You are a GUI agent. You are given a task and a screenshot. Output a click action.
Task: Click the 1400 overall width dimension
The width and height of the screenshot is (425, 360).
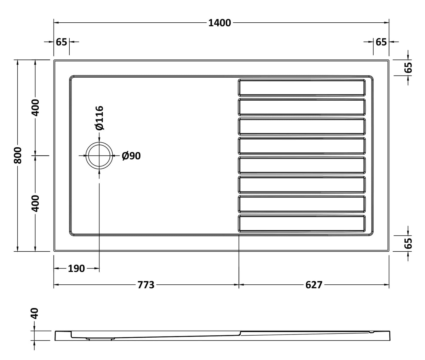click(219, 23)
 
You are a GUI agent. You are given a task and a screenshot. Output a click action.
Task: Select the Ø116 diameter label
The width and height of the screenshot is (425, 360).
click(99, 118)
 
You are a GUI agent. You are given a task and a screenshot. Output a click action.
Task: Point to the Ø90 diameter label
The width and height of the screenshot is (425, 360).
click(131, 156)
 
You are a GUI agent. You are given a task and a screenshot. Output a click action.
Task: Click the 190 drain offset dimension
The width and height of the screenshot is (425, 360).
click(76, 268)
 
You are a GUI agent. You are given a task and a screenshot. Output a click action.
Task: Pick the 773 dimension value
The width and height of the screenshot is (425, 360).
click(146, 285)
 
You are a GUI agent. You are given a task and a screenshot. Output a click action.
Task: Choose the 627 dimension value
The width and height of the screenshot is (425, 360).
click(314, 285)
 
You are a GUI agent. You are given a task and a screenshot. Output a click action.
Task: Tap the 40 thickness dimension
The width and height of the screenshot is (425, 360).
click(35, 314)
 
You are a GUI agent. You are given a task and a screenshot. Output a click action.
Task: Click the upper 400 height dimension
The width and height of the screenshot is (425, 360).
click(35, 108)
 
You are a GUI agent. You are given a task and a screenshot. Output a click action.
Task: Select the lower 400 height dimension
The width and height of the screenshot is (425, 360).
click(35, 203)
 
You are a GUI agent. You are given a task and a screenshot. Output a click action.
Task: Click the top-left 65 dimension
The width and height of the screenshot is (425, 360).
click(61, 42)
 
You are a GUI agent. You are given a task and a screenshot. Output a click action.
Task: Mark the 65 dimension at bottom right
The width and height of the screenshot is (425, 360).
click(408, 243)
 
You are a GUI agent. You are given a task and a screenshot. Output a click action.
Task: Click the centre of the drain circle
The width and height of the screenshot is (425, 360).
click(99, 155)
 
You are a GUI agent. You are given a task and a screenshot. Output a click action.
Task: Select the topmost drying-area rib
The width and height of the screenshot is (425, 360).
click(302, 88)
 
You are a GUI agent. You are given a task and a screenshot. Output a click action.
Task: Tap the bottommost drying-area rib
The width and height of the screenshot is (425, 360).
click(302, 223)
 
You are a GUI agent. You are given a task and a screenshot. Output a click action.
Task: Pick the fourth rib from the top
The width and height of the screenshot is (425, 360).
click(302, 146)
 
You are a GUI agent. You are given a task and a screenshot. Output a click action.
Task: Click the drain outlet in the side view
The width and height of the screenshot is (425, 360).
click(100, 339)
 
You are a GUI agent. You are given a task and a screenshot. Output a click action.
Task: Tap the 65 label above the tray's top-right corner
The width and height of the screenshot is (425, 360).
click(381, 42)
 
